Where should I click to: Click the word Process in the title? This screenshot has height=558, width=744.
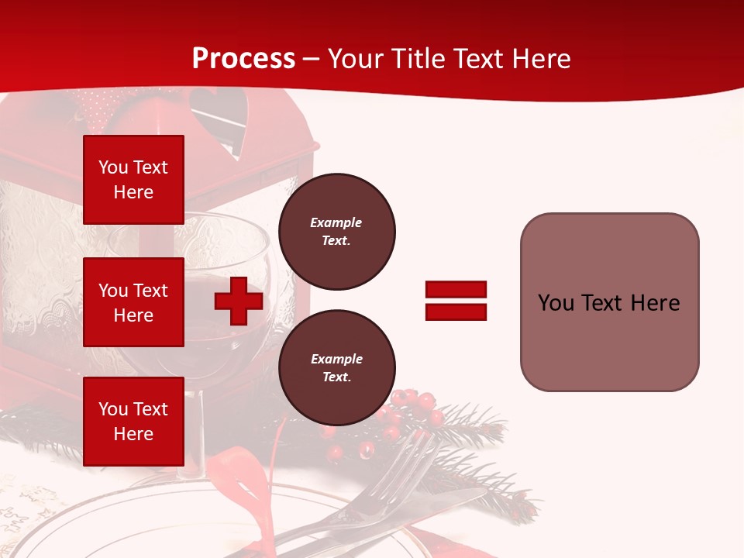[x=243, y=58]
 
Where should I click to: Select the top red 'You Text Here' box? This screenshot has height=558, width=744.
[x=133, y=180]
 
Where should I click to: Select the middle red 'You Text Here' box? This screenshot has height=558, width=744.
[x=133, y=302]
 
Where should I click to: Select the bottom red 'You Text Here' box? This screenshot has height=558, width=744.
[x=133, y=421]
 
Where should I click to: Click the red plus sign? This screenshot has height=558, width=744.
[x=239, y=301]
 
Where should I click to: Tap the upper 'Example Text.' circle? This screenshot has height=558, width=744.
[x=336, y=231]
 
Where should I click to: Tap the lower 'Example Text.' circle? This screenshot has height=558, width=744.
[x=336, y=367]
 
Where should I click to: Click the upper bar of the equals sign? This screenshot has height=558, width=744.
[x=456, y=289]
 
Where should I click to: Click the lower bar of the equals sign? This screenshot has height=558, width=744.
[x=456, y=312]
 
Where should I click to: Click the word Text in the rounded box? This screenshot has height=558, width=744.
[x=602, y=302]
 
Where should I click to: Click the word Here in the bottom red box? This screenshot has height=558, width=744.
[x=133, y=434]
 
